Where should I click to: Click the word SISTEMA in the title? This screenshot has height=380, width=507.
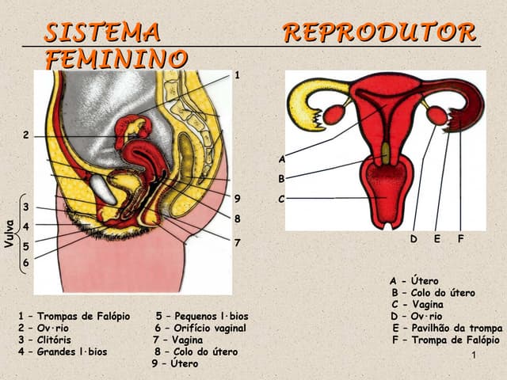[102, 32]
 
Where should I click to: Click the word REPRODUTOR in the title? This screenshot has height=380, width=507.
[379, 32]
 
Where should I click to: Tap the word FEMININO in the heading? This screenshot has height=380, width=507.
[116, 59]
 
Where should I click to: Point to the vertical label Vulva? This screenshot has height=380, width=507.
[10, 233]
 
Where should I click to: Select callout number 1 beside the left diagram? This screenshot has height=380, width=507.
[236, 74]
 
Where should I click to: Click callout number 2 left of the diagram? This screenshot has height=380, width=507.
[25, 135]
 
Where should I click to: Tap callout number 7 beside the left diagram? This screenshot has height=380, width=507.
[237, 242]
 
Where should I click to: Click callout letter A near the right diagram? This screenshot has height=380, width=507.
[281, 159]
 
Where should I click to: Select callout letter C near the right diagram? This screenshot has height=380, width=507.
[281, 199]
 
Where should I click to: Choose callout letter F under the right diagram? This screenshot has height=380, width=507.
[460, 238]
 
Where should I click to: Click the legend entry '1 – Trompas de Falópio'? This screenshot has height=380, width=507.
[74, 317]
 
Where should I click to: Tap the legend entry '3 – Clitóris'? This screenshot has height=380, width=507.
[45, 340]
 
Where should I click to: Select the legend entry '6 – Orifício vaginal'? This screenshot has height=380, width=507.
[200, 328]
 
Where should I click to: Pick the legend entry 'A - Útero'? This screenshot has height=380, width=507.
[414, 281]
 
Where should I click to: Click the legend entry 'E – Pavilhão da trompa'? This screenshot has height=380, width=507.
[447, 329]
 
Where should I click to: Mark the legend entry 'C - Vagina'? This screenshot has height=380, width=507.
[417, 305]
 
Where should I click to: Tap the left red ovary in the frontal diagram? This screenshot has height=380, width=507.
[334, 115]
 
